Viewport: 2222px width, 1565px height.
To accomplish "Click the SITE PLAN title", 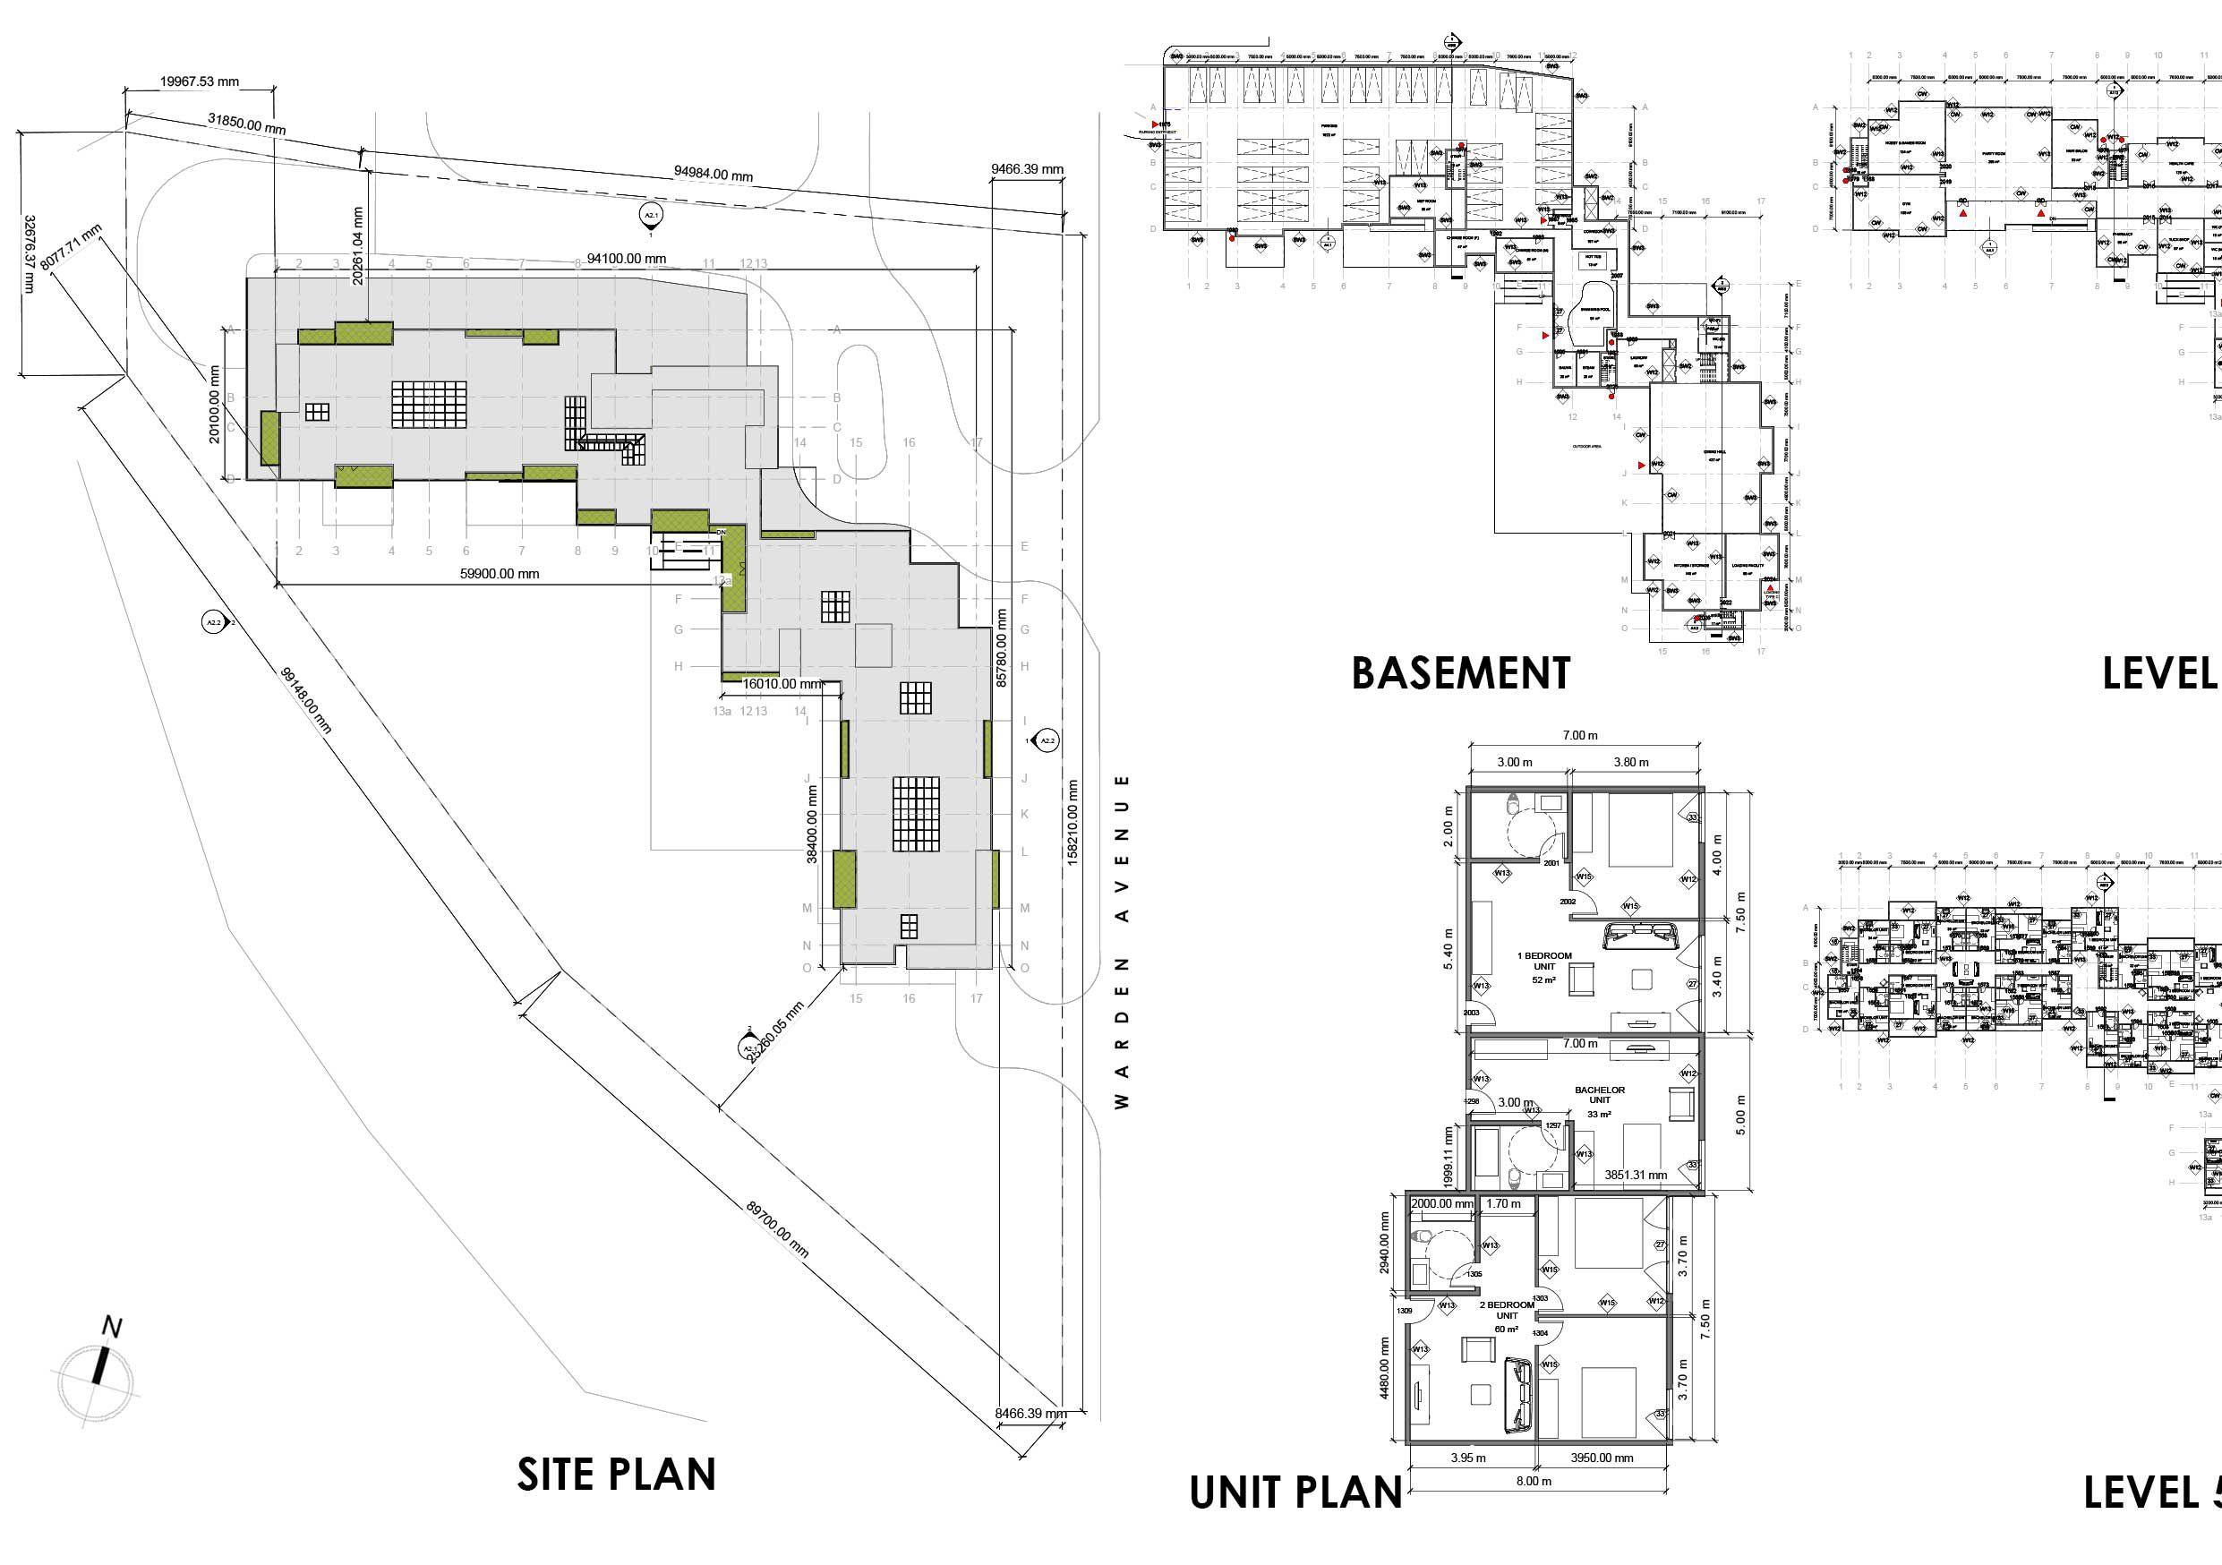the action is click(616, 1474).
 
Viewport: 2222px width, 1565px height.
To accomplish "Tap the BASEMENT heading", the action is click(1460, 673).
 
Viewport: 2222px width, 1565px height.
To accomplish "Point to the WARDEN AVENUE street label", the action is click(1123, 941).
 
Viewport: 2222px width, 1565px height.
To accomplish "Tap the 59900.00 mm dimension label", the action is click(500, 574).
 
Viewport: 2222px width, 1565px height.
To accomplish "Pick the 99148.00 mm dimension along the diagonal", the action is click(306, 698).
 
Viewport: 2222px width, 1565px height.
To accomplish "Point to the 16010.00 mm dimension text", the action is click(782, 684).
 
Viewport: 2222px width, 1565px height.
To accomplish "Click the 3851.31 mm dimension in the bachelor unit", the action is click(1636, 1175).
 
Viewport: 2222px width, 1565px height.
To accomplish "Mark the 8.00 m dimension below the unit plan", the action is click(1533, 1509).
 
